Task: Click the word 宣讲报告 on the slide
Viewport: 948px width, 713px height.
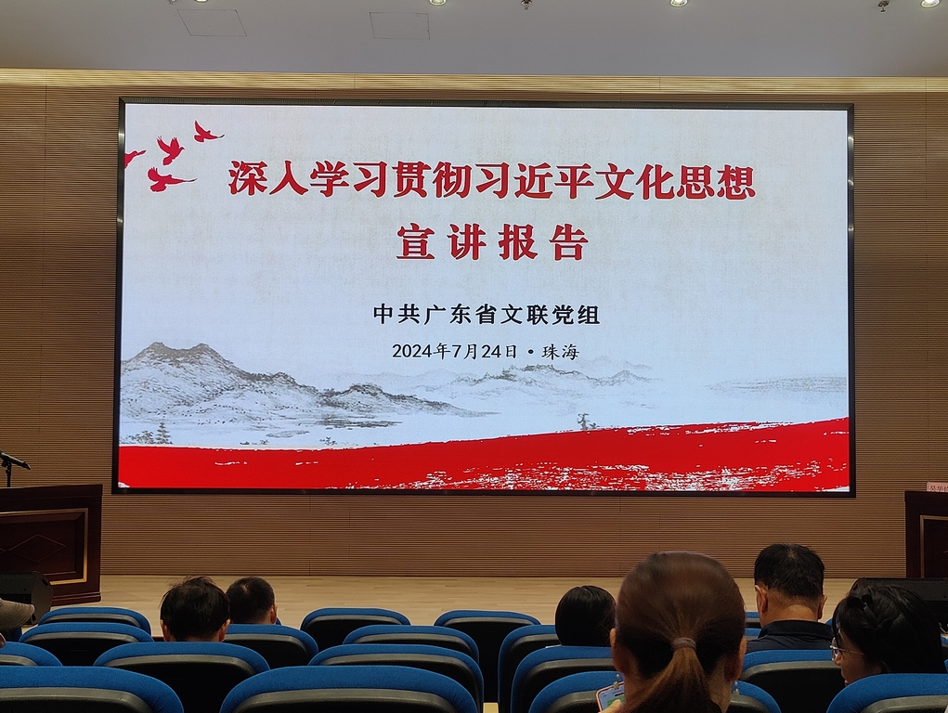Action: coord(492,242)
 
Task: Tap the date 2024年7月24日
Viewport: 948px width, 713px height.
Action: coord(455,351)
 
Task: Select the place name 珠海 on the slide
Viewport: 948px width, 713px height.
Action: coord(560,352)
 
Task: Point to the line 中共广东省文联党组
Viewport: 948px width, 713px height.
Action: coord(487,315)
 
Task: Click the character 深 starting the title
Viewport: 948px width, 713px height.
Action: coord(248,178)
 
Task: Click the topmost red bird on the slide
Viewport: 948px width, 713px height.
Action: coord(205,131)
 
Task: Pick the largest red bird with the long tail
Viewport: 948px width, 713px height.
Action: coord(168,179)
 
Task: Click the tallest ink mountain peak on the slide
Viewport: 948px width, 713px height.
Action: coord(202,348)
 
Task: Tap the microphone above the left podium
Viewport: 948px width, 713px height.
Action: coord(14,461)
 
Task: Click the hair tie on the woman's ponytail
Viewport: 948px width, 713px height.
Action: coord(683,643)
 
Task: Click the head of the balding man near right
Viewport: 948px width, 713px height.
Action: coord(789,575)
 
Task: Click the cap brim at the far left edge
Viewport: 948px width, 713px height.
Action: coord(15,614)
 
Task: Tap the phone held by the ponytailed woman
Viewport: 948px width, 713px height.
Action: coord(609,696)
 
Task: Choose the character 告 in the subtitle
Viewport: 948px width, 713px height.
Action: coord(569,242)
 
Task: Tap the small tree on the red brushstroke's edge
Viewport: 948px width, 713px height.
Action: coord(584,422)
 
